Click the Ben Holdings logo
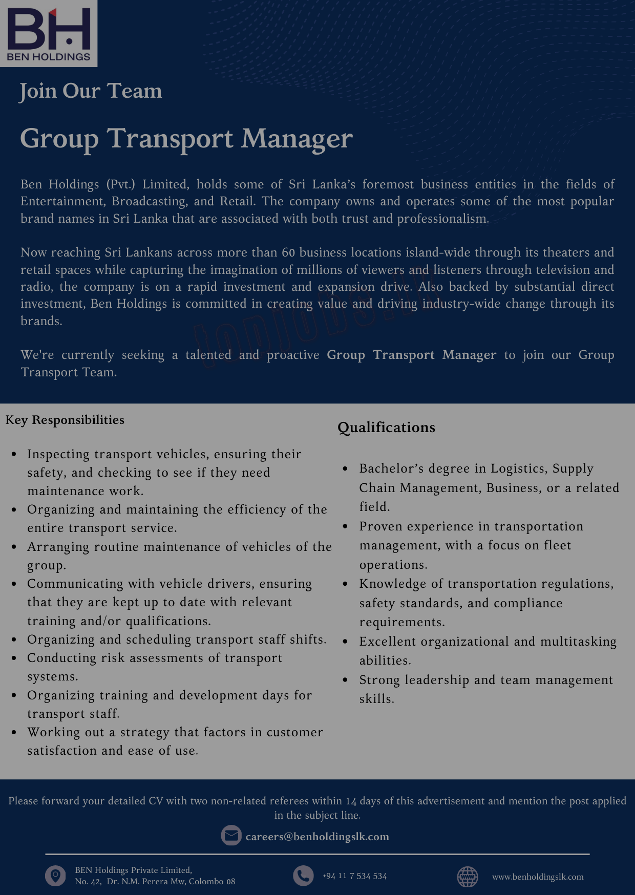coord(49,34)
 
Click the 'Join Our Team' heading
coord(91,91)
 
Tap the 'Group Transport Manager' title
coord(186,139)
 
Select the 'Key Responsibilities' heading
coord(65,420)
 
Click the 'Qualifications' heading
coord(386,428)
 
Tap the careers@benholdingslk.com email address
coord(317,837)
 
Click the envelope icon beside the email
coord(231,836)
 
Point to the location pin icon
coord(55,876)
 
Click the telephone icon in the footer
coord(303,876)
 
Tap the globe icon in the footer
coord(467,877)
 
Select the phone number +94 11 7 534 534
coord(354,876)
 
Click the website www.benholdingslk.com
coord(538,877)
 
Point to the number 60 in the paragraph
coord(288,252)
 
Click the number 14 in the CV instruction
coord(351,801)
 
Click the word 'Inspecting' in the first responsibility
coord(58,454)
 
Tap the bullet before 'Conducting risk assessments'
coord(14,658)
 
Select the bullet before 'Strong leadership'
coord(346,680)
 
